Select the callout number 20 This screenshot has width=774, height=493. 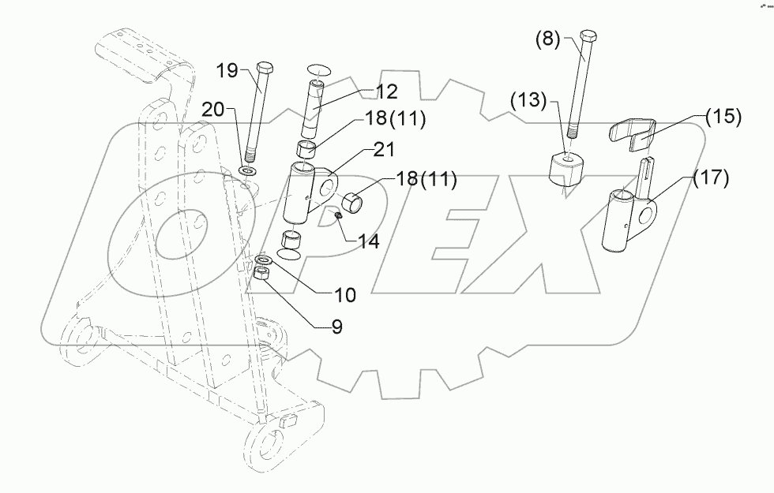[212, 110]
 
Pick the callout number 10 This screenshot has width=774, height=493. [344, 295]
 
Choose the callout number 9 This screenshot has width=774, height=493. [336, 327]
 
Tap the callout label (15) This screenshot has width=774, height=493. [723, 116]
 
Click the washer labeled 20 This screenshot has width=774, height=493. [250, 169]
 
